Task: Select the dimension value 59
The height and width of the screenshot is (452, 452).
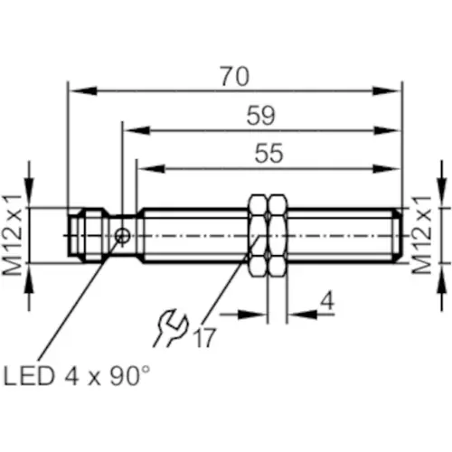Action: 260,116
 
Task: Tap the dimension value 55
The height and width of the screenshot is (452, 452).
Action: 268,154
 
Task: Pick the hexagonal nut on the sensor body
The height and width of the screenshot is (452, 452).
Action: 264,235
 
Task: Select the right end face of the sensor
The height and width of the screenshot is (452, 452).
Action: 400,235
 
